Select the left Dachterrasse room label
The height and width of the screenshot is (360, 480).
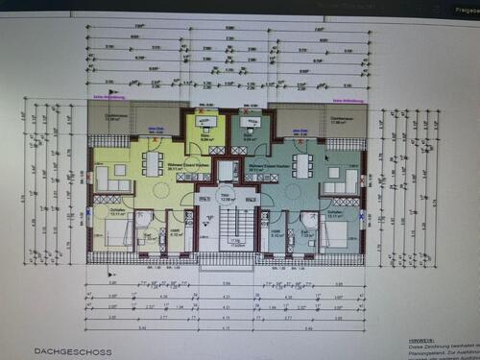pyautogui.click(x=112, y=117)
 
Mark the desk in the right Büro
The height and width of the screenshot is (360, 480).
pyautogui.click(x=250, y=122)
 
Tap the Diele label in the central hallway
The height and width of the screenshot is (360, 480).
pyautogui.click(x=228, y=198)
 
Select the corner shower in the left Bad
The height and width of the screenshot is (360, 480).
pyautogui.click(x=143, y=218)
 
